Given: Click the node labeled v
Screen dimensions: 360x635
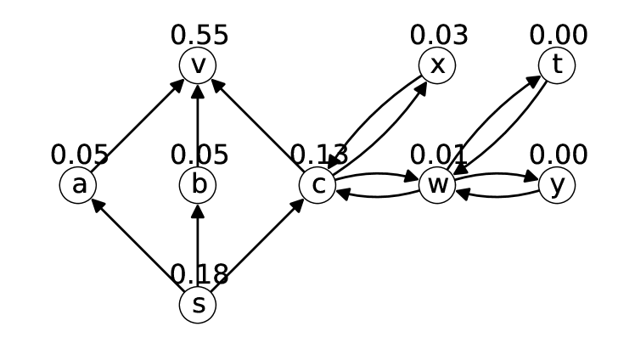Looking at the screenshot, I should pyautogui.click(x=198, y=65).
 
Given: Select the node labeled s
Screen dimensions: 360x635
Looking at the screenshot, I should pyautogui.click(x=198, y=305).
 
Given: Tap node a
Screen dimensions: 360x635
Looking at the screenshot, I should pyautogui.click(x=78, y=185).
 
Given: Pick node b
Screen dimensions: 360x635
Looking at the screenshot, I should pyautogui.click(x=198, y=185).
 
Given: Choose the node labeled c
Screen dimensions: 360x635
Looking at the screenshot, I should pyautogui.click(x=317, y=185).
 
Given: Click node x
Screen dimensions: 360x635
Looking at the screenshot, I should pyautogui.click(x=437, y=65).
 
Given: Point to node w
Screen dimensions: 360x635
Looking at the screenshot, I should pyautogui.click(x=437, y=185).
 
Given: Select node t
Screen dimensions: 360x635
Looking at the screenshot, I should pyautogui.click(x=557, y=65).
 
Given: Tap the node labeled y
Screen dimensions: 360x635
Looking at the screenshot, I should pyautogui.click(x=557, y=185).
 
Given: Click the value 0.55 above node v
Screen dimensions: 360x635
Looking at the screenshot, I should pyautogui.click(x=199, y=36).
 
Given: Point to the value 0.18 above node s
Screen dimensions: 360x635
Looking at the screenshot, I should pyautogui.click(x=199, y=275).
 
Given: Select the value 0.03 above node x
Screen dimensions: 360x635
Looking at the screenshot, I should pyautogui.click(x=439, y=36).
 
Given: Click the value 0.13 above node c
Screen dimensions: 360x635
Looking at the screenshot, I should pyautogui.click(x=319, y=155).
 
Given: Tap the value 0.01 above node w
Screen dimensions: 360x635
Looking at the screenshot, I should pyautogui.click(x=439, y=155).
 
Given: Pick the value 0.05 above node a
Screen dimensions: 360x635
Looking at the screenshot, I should pyautogui.click(x=80, y=155).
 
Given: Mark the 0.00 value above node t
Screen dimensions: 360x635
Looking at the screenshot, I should pyautogui.click(x=559, y=36).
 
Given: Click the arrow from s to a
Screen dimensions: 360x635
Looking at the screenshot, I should pyautogui.click(x=138, y=245).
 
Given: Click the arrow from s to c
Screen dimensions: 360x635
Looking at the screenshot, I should pyautogui.click(x=257, y=245).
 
